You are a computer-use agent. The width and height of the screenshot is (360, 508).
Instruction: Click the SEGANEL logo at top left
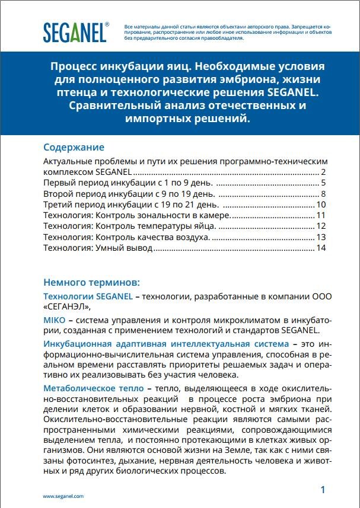75,32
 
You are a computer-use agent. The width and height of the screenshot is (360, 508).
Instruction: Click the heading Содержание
74,147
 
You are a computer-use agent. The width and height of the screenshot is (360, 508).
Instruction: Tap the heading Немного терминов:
91,281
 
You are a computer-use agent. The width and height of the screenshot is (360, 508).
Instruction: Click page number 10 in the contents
321,205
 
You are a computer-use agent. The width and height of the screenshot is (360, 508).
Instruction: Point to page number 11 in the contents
321,215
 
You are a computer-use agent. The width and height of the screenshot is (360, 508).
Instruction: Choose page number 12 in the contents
321,226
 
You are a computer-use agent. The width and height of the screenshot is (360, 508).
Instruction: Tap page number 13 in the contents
321,237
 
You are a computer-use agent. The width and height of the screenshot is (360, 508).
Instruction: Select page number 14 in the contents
321,248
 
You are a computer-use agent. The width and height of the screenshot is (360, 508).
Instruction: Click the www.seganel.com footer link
63,496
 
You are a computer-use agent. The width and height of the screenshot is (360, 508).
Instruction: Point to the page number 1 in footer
323,490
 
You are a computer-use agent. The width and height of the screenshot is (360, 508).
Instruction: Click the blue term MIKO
55,320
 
